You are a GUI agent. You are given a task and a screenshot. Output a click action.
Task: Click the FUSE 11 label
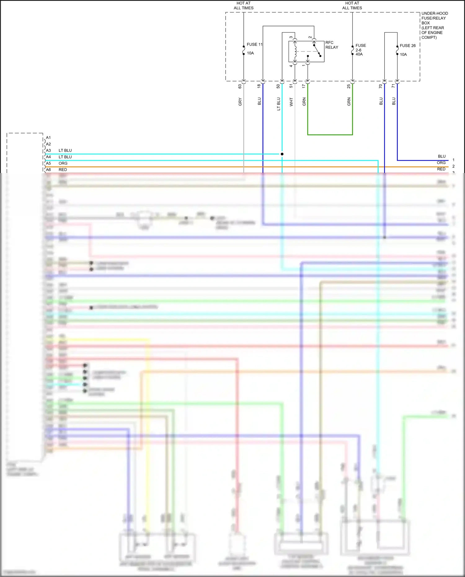click(254, 44)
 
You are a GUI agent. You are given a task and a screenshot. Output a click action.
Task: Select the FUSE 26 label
click(407, 46)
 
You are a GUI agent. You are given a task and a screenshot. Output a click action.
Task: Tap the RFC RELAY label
click(331, 45)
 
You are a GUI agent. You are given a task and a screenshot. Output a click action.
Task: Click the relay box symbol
click(306, 51)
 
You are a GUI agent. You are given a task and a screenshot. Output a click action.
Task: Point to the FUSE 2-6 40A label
click(361, 50)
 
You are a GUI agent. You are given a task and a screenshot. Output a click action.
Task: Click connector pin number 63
click(240, 86)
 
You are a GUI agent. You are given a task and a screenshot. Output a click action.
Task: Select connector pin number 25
click(348, 86)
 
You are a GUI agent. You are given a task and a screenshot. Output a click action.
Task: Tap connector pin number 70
click(380, 86)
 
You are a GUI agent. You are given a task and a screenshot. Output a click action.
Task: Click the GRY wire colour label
click(240, 101)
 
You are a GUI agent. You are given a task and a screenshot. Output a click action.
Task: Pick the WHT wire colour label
click(291, 102)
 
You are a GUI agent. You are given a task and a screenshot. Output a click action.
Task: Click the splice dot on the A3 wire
click(282, 154)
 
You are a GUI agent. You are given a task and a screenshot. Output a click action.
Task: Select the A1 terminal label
click(48, 138)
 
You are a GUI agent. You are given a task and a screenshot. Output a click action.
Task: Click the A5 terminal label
click(48, 163)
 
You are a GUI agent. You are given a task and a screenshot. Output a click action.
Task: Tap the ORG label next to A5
click(63, 163)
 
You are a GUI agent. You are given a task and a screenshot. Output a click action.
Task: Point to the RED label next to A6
click(63, 170)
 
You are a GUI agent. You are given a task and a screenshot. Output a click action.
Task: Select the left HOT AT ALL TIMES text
click(243, 6)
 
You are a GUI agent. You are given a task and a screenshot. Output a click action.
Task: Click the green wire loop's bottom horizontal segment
click(330, 135)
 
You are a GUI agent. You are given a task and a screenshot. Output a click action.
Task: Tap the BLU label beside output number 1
click(441, 156)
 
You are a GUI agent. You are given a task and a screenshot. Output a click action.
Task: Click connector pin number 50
click(278, 86)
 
